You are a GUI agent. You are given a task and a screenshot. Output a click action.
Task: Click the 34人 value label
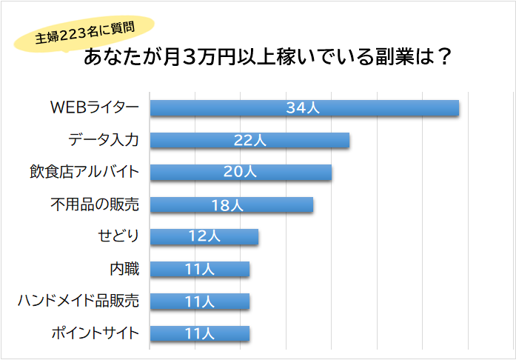pyautogui.click(x=302, y=108)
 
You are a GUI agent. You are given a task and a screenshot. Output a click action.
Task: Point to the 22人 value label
pyautogui.click(x=249, y=141)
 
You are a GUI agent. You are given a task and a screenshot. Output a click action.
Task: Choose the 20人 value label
pyautogui.click(x=240, y=173)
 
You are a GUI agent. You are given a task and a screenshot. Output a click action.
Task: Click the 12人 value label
pyautogui.click(x=204, y=237)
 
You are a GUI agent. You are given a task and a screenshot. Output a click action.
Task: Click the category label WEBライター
pyautogui.click(x=94, y=108)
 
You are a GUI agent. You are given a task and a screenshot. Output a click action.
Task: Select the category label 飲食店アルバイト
pyautogui.click(x=84, y=173)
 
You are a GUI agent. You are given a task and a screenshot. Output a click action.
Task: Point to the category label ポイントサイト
pyautogui.click(x=95, y=333)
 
